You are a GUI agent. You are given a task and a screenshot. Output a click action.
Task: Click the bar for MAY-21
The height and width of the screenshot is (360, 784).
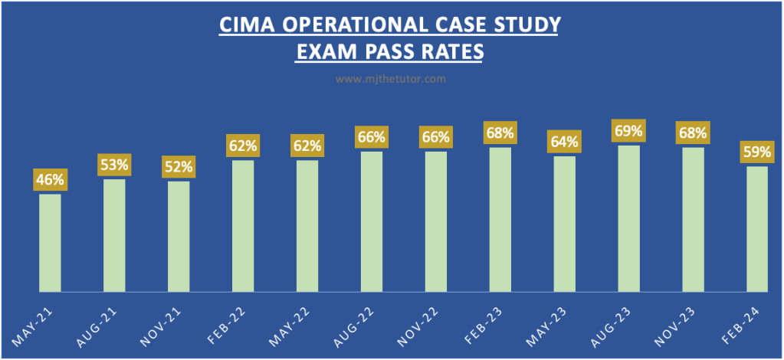pyautogui.click(x=50, y=243)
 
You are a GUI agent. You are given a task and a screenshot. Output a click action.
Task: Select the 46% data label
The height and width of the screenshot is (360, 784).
pyautogui.click(x=50, y=181)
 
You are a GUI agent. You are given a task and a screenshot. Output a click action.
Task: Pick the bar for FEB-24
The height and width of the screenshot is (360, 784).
pyautogui.click(x=756, y=229)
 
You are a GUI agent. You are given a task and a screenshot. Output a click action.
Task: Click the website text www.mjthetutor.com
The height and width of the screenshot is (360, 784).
pyautogui.click(x=392, y=78)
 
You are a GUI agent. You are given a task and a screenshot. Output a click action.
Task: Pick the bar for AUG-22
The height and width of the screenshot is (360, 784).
pyautogui.click(x=371, y=221)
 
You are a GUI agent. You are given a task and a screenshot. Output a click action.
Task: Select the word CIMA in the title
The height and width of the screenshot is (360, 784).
pyautogui.click(x=243, y=27)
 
